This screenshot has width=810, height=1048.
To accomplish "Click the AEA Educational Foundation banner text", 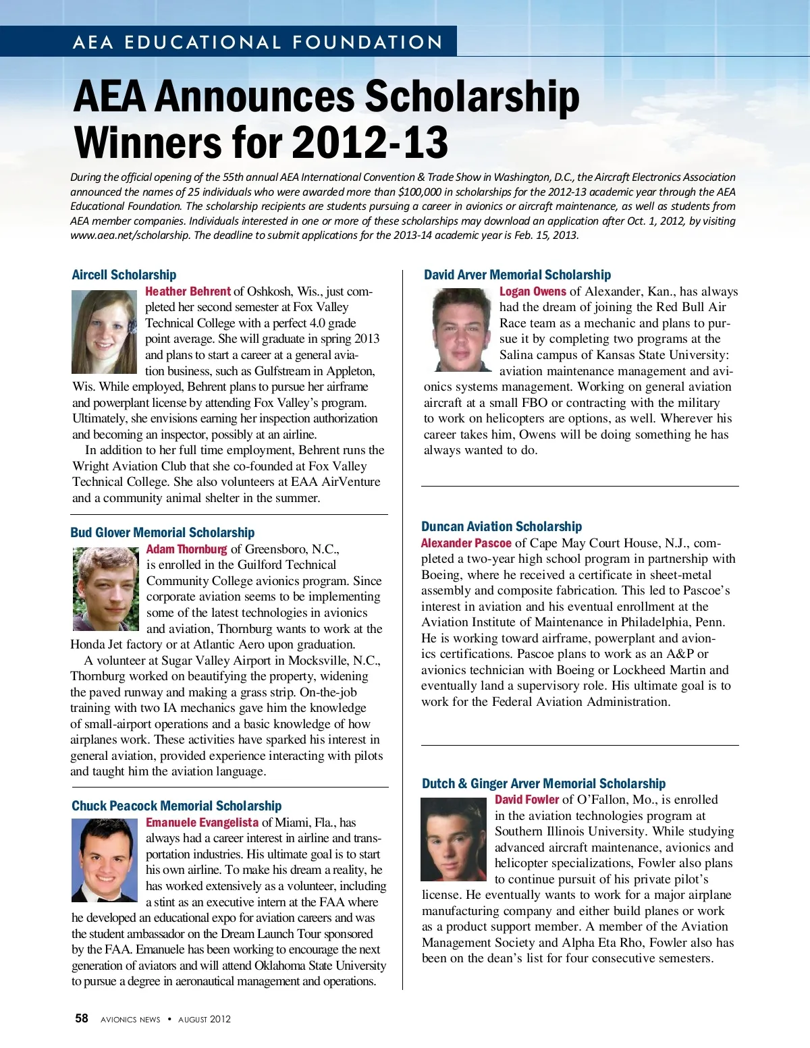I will point(257,42).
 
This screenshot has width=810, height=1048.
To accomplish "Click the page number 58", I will point(81,1018).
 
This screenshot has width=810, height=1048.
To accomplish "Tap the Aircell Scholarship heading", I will point(124,275).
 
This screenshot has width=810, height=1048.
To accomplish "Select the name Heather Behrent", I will point(188,292).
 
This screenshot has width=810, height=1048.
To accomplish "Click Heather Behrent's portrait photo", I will point(105,332).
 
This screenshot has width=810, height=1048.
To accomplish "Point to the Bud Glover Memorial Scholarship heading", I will point(162,532).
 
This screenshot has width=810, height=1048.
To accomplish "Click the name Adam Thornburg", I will point(186,549).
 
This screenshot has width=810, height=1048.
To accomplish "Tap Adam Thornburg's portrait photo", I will point(105,589).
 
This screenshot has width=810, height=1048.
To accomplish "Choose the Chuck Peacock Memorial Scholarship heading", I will point(176,806).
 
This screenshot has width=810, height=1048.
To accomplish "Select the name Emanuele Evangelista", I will point(202,823).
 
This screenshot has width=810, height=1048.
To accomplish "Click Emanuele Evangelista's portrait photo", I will point(105,860).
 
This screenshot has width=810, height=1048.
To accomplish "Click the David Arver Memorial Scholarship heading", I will point(517,275).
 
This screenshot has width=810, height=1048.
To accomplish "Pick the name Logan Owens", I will point(533,292).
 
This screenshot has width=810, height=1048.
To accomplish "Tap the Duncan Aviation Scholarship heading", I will point(501,526).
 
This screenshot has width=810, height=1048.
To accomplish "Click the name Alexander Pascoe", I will point(466,543).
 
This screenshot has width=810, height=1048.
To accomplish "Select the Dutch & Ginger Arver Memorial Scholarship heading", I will point(543,783).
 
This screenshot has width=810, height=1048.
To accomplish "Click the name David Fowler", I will point(526,800).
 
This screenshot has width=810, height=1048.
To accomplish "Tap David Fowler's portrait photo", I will point(454,839).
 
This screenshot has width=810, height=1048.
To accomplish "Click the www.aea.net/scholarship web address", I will point(129,236).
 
